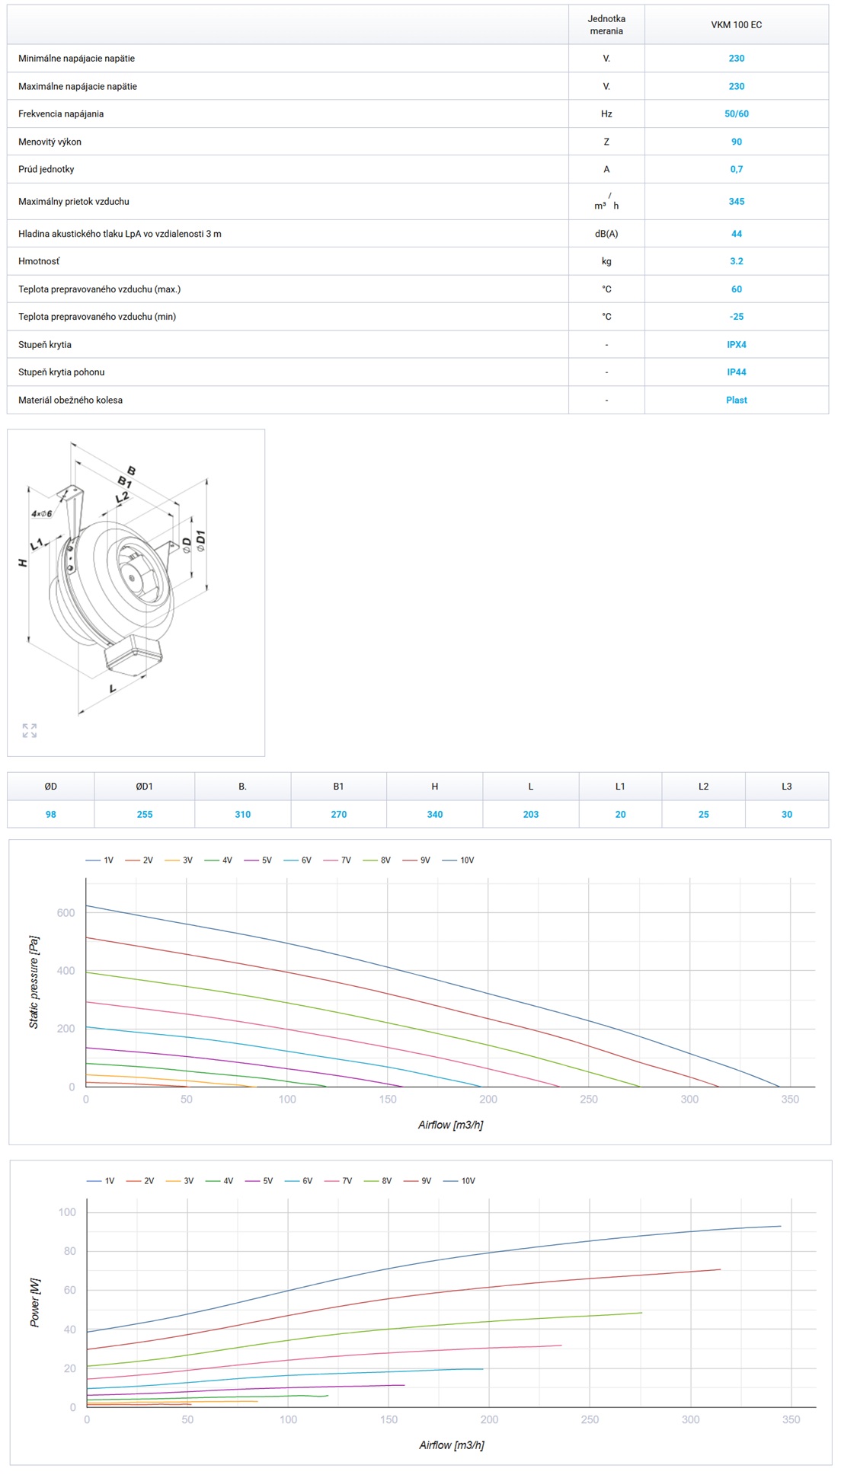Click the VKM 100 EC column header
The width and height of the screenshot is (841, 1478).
tap(736, 25)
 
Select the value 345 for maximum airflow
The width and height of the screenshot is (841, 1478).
tap(736, 202)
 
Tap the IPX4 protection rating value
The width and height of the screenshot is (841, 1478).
tap(736, 345)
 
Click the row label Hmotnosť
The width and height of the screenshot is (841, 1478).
tap(39, 261)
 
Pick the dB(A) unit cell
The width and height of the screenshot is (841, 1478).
tap(606, 234)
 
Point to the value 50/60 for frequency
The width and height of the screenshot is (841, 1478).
tap(736, 114)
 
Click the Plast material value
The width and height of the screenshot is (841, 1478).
tap(736, 401)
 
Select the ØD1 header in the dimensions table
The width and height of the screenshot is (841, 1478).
tap(145, 787)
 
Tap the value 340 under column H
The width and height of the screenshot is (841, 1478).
tap(435, 815)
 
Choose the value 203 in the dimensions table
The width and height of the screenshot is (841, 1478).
tap(531, 815)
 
